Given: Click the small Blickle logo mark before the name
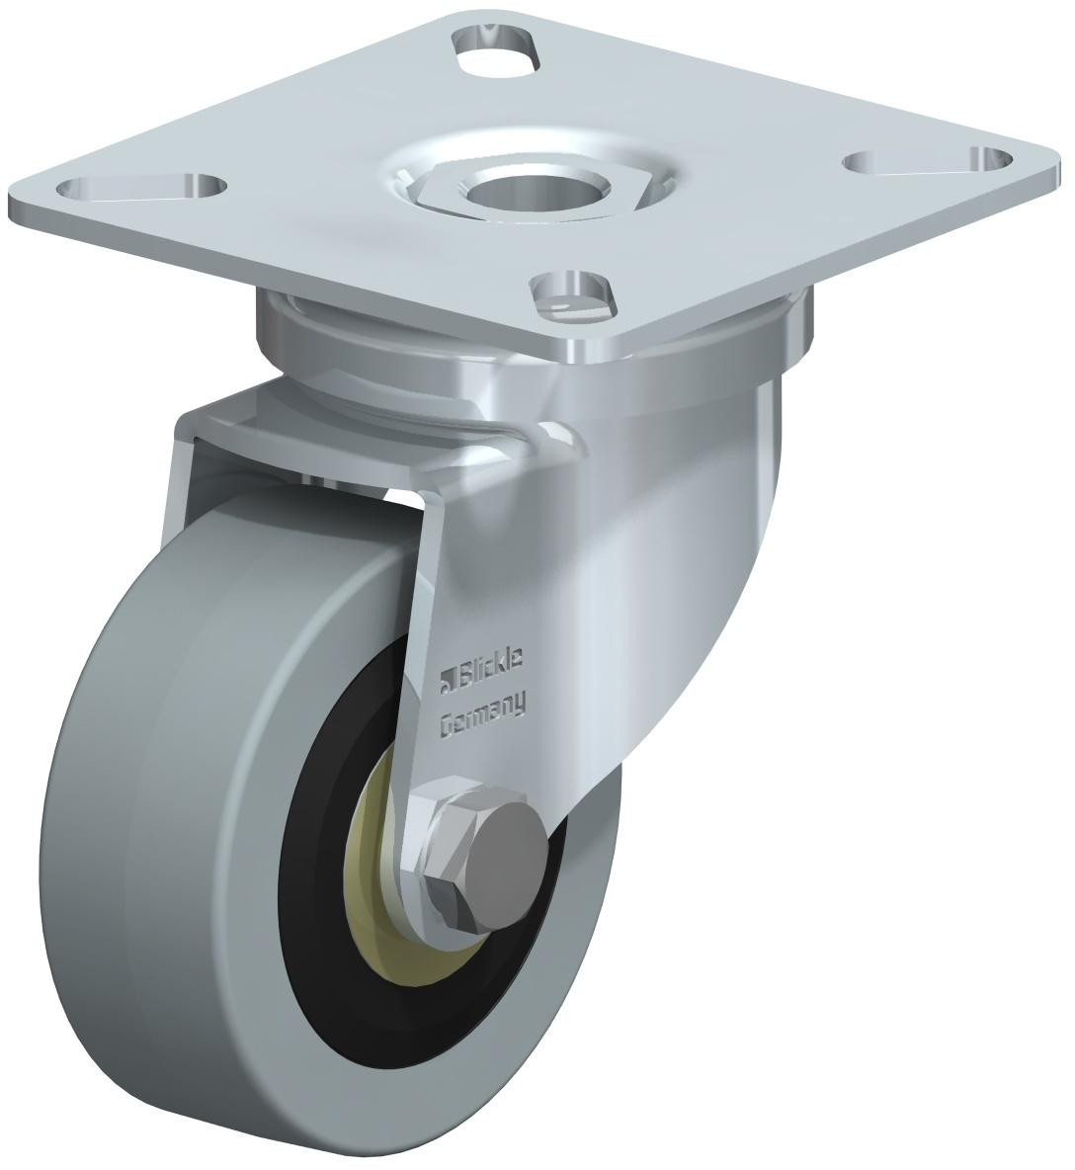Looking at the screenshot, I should tap(446, 679).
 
